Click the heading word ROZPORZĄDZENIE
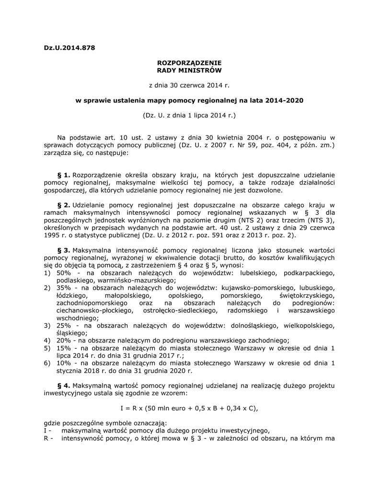pos(189,63)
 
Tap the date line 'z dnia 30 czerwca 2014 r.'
pos(189,85)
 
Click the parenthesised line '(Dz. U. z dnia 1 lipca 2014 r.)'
pos(189,116)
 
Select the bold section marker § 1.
pos(63,175)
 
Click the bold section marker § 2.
pos(63,205)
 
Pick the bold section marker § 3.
pos(63,250)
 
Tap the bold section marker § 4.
pos(63,385)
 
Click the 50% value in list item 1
pos(63,273)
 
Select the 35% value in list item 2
pos(63,288)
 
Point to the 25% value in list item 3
pos(63,326)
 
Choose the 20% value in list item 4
pos(63,340)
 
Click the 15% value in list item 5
pos(63,348)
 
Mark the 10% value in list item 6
pos(63,363)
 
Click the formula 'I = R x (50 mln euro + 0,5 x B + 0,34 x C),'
pos(189,408)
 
